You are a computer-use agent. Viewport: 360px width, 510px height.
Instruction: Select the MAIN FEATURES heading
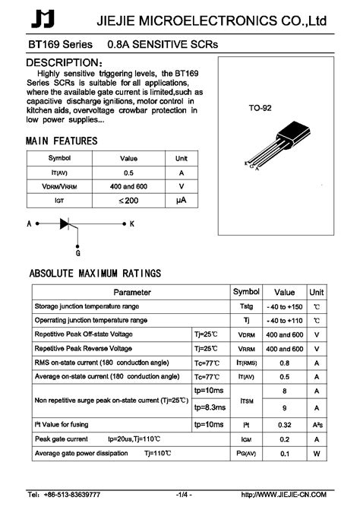(62, 141)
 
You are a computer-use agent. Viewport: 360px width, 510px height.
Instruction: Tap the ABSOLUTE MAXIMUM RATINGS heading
(94, 273)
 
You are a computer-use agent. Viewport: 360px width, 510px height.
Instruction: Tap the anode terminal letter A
(29, 224)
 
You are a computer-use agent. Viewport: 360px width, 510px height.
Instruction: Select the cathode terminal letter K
(131, 224)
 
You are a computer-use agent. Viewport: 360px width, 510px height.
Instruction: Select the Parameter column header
(122, 292)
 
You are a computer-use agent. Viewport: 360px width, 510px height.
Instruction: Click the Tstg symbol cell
(245, 306)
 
